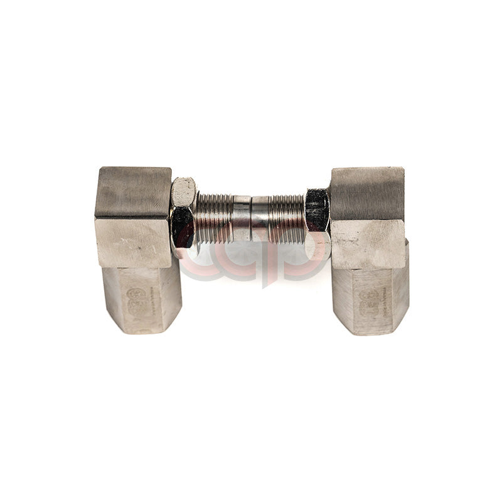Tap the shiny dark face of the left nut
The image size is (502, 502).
(x=182, y=227)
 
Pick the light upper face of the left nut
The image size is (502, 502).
(x=183, y=193)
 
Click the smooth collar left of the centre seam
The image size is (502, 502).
(x=242, y=218)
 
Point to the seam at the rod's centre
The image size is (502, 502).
(x=251, y=218)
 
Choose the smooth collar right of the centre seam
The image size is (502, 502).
(x=260, y=218)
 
